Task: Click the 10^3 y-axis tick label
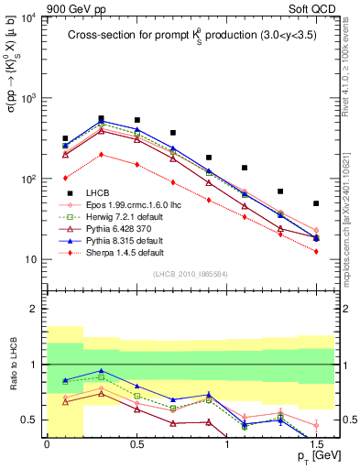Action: point(27,99)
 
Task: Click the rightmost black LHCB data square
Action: point(316,203)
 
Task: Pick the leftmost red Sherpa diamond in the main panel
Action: point(65,179)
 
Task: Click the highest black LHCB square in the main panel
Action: point(101,118)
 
